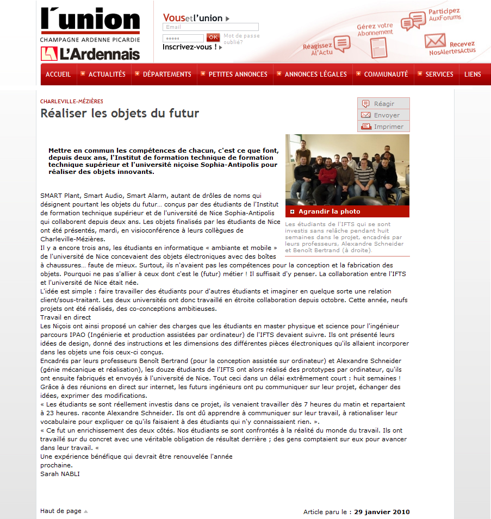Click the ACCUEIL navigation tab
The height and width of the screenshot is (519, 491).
point(58,74)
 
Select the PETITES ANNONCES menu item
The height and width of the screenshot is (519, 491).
point(238,74)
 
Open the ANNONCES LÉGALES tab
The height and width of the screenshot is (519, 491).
point(315,74)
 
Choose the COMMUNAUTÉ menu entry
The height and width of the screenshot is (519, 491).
point(386,74)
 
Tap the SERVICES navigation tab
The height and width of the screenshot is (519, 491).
point(439,74)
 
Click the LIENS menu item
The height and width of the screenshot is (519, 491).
point(473,74)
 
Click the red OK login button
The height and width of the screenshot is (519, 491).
point(213,37)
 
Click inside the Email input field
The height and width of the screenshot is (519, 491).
point(210,27)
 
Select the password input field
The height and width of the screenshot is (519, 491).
point(183,38)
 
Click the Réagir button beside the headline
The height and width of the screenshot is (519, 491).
point(383,104)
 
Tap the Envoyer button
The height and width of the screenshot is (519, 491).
point(383,115)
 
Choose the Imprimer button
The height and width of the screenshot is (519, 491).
point(383,127)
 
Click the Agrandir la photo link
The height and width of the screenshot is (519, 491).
point(329,211)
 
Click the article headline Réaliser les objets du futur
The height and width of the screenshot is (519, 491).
point(120,114)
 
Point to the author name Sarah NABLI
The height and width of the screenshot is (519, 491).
point(60,474)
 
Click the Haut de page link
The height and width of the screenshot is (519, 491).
point(61,511)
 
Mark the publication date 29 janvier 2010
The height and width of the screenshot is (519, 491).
point(382,512)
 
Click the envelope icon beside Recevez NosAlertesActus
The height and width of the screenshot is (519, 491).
point(435,41)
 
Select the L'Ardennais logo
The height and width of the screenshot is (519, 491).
point(90,54)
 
